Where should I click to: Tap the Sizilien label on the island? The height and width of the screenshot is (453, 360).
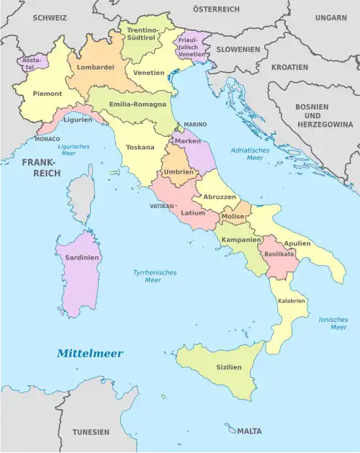point(229,367)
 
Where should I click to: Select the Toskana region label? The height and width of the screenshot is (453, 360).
point(140,147)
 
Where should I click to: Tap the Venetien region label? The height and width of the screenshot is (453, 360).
point(148,73)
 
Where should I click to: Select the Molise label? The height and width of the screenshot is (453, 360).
point(233,216)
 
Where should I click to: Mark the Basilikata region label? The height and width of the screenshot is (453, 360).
point(279,254)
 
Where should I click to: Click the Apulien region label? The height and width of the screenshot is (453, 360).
point(297,243)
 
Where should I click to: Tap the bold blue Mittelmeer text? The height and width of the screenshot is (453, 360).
point(90,354)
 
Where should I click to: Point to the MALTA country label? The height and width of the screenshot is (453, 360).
point(249,431)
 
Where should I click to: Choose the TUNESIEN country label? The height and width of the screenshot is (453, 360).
point(91,432)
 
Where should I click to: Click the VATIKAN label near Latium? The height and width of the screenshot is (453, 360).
point(161,205)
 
